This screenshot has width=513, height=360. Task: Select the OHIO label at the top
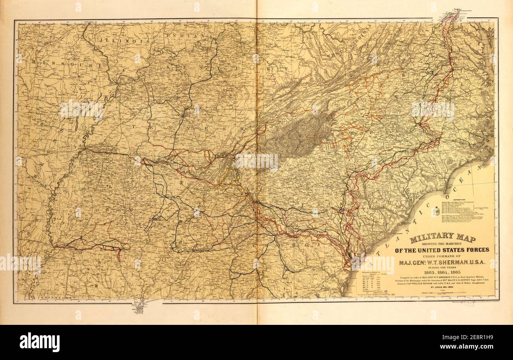coord(304,26)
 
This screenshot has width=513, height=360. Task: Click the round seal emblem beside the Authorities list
coord(437,214)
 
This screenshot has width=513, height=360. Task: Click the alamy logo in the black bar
coord(39,342)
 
